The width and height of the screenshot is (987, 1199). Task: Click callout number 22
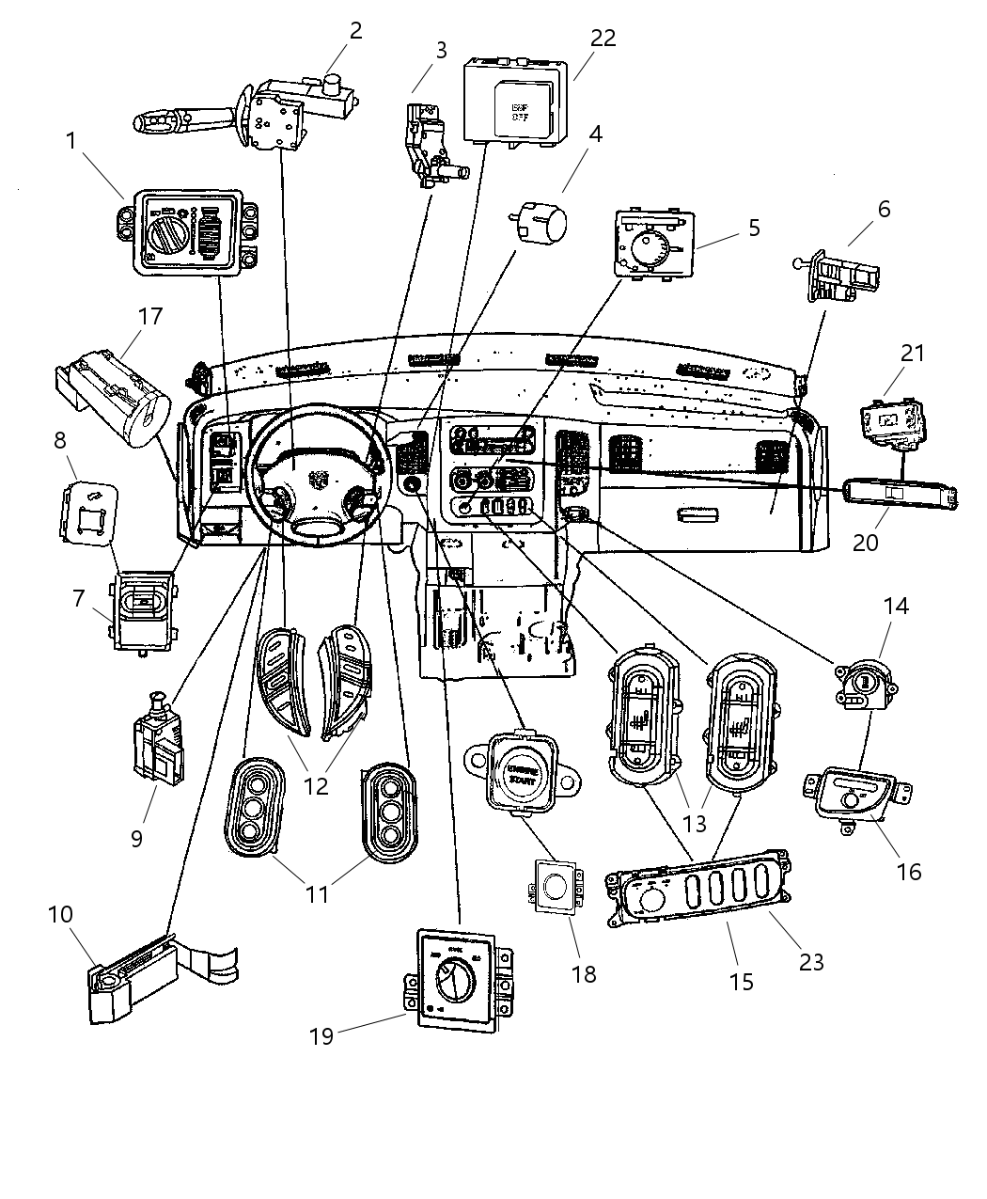(x=603, y=38)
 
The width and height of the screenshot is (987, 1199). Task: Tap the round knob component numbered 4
(x=544, y=225)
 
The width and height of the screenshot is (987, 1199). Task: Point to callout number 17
(x=149, y=316)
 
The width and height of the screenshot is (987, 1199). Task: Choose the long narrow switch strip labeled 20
(x=901, y=494)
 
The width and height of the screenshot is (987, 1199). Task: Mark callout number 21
(x=913, y=354)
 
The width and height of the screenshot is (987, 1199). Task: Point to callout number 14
(x=896, y=606)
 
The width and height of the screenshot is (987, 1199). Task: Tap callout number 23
(x=811, y=962)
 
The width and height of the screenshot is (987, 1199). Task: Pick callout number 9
(x=137, y=838)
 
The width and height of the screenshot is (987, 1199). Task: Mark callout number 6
(x=885, y=209)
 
